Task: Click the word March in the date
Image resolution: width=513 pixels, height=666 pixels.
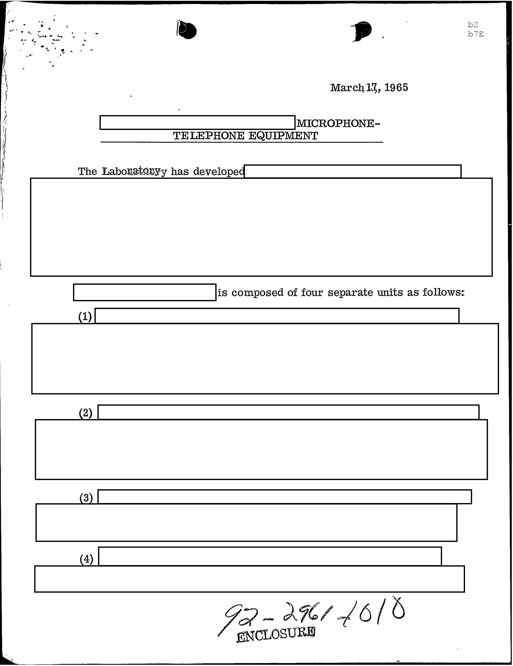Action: point(347,88)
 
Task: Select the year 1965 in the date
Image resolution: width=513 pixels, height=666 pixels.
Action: point(396,88)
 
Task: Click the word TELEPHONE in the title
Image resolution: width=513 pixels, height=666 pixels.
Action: point(209,136)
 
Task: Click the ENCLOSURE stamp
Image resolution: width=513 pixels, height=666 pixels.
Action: point(276,634)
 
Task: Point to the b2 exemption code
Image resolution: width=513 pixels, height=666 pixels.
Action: point(473,25)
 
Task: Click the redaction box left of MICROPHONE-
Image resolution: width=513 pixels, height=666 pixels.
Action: point(197,123)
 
